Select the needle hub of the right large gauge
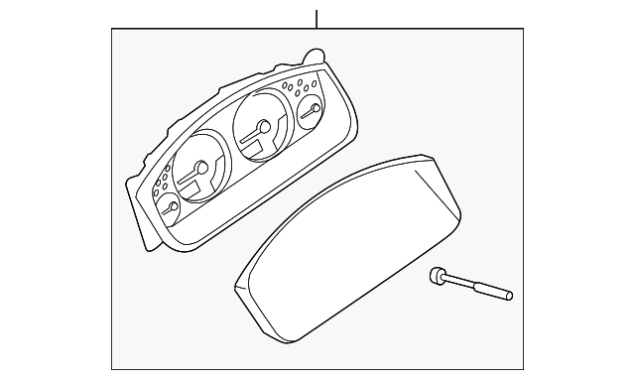tap(263, 126)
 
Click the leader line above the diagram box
tap(317, 18)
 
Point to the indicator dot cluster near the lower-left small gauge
tap(162, 184)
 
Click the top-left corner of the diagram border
tap(111, 30)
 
